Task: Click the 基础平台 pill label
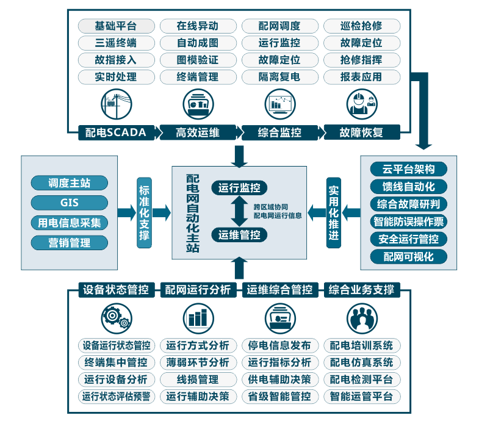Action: coord(116,26)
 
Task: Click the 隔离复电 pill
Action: coord(279,77)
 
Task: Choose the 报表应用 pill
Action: coord(361,77)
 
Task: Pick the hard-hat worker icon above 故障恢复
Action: coord(361,103)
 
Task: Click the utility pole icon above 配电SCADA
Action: coord(116,103)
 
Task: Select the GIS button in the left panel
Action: coord(69,203)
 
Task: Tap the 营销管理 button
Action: coord(69,243)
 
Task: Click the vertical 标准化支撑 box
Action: coord(145,212)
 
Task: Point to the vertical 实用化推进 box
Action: coord(333,212)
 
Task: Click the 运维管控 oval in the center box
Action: coord(239,235)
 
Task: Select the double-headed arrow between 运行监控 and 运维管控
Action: coord(239,212)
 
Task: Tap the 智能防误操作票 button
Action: coord(408,221)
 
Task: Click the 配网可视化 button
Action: coord(408,256)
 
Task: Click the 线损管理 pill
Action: coord(198,380)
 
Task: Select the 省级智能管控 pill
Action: coord(279,397)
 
